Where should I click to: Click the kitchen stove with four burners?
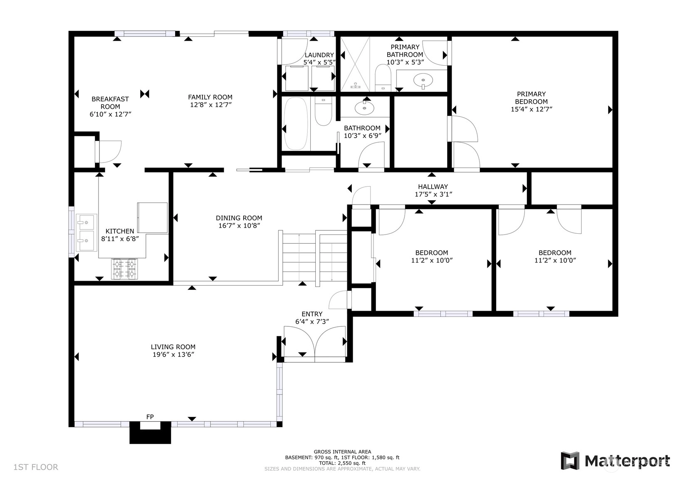[x=124, y=269]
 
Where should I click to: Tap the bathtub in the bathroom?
[x=296, y=123]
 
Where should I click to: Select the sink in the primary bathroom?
[x=423, y=81]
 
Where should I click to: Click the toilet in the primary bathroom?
[x=383, y=78]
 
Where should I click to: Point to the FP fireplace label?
[x=150, y=417]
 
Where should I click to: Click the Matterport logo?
[x=615, y=461]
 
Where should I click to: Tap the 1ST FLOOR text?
[x=36, y=467]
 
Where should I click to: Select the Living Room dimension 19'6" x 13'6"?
[x=173, y=355]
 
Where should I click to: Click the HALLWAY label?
[x=433, y=187]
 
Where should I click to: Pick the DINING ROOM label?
[x=239, y=218]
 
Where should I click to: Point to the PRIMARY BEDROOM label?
[x=531, y=98]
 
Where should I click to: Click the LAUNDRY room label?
[x=319, y=55]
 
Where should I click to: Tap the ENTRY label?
[x=312, y=314]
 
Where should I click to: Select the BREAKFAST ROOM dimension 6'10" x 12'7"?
[x=110, y=114]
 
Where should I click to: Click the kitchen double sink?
[x=87, y=232]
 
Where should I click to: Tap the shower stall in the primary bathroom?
[x=355, y=64]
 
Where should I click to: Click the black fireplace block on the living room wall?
[x=150, y=432]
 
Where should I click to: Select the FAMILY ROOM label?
[x=210, y=97]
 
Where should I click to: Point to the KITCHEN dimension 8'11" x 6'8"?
[x=120, y=239]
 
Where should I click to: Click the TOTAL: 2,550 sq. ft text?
[x=342, y=463]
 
